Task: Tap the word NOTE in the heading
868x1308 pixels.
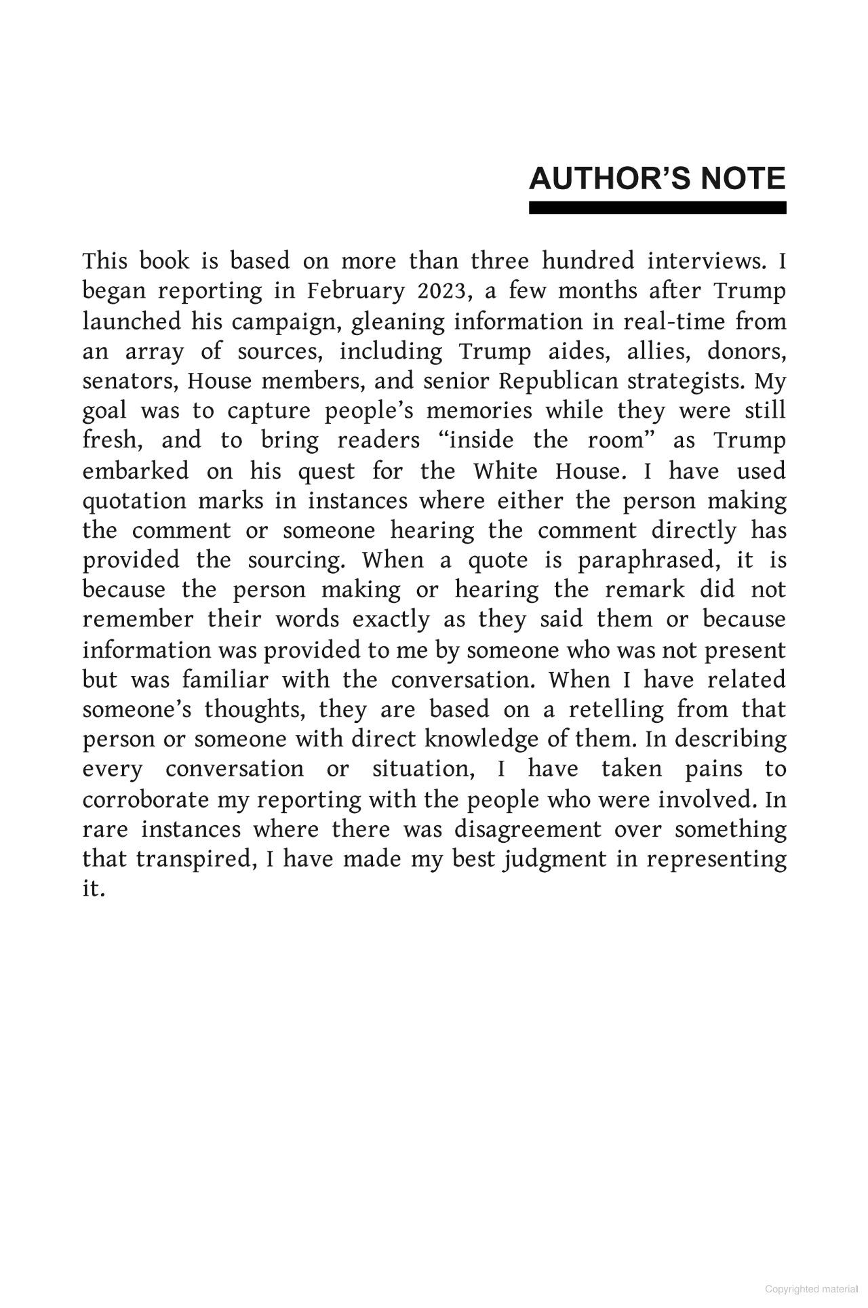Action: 743,178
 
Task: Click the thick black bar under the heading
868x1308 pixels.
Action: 657,207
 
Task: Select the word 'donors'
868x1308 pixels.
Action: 746,351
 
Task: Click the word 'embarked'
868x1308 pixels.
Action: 136,471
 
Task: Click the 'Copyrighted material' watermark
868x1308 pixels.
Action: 811,1289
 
